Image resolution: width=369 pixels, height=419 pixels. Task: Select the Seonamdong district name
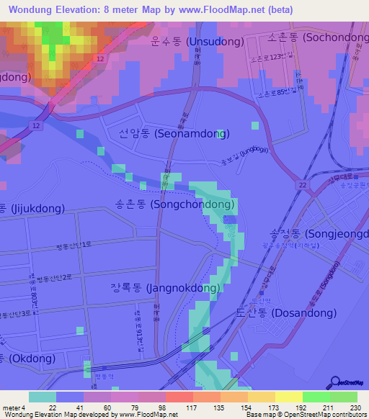174,134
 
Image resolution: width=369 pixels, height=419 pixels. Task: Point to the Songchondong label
175,204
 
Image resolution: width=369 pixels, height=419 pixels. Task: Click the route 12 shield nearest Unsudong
100,58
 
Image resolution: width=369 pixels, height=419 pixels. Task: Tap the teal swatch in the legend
43,397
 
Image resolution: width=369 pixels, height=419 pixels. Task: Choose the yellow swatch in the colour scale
288,397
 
